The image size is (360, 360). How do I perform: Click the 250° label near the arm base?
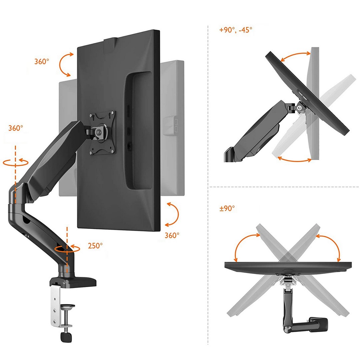(x=95, y=246)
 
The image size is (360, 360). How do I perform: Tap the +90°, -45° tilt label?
(x=236, y=30)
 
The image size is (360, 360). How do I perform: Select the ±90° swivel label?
(x=227, y=208)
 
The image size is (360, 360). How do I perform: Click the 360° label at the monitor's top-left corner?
(x=42, y=61)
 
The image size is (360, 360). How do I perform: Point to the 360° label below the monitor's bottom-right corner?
(x=172, y=235)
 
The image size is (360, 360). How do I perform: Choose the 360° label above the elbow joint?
(x=16, y=128)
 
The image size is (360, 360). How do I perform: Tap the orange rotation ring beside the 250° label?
(x=67, y=249)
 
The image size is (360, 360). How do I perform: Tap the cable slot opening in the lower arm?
(x=26, y=220)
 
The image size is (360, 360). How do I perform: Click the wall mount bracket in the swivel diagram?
(x=318, y=324)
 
